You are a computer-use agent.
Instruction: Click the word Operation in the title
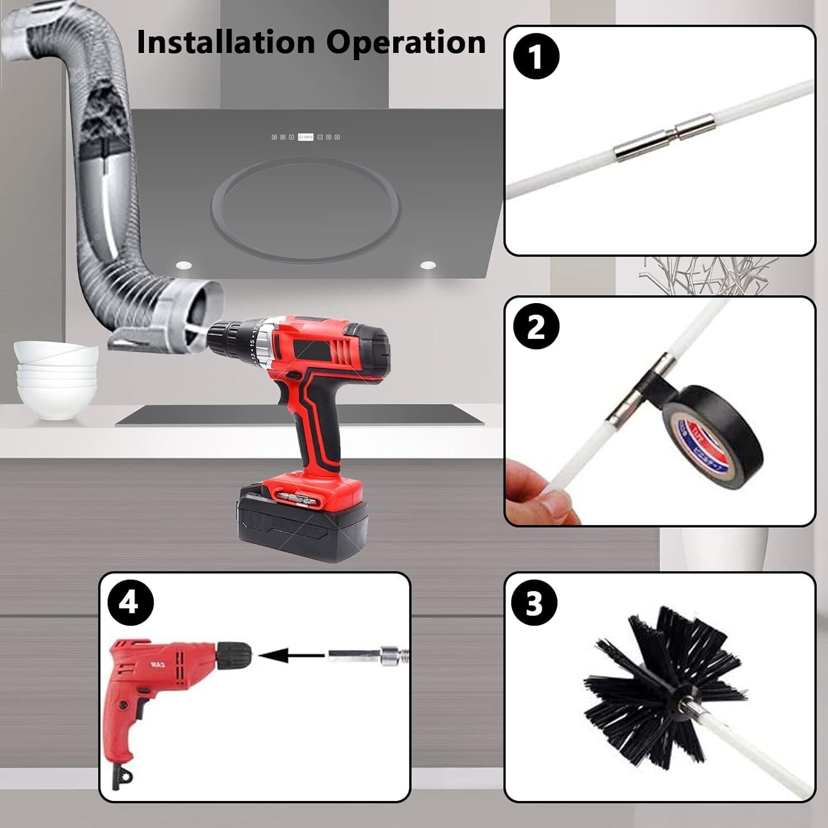pos(406,43)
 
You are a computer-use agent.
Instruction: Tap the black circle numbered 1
pos(536,56)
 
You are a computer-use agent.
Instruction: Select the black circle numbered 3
pos(534,603)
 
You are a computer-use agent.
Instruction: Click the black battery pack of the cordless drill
pos(301,524)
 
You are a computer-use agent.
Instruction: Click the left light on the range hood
pos(184,266)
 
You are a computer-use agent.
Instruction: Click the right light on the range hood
pos(428,266)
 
